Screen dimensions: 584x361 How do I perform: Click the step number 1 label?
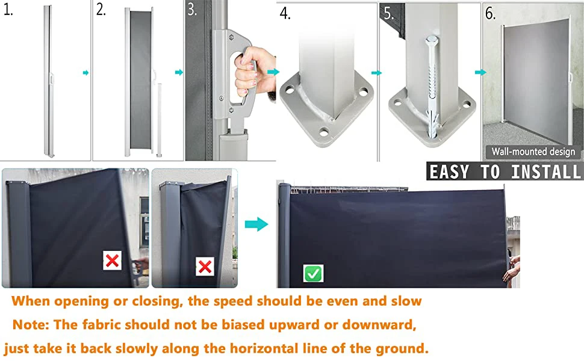[x=8, y=10]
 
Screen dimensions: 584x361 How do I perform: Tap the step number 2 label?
[x=101, y=9]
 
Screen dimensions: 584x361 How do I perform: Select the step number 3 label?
[x=192, y=10]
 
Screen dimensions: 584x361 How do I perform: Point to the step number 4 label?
[x=285, y=13]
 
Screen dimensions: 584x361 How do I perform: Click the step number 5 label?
[x=388, y=13]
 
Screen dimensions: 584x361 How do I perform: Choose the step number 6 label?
[x=491, y=13]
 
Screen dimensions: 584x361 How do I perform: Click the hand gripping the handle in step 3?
[x=255, y=71]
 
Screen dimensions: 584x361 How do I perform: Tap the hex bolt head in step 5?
[x=432, y=40]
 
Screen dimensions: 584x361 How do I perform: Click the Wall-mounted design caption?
[x=533, y=152]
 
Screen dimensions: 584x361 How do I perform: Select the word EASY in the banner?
[x=449, y=172]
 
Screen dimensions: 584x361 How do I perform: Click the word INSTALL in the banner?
[x=545, y=172]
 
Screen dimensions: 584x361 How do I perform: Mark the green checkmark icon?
[x=313, y=274]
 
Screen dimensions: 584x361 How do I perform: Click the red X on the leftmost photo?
[x=112, y=261]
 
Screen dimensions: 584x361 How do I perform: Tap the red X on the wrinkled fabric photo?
[x=205, y=267]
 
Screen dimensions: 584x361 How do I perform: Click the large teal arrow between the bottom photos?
[x=256, y=224]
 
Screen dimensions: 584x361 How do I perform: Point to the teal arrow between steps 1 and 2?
[x=85, y=73]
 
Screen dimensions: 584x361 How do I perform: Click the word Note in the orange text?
[x=31, y=324]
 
